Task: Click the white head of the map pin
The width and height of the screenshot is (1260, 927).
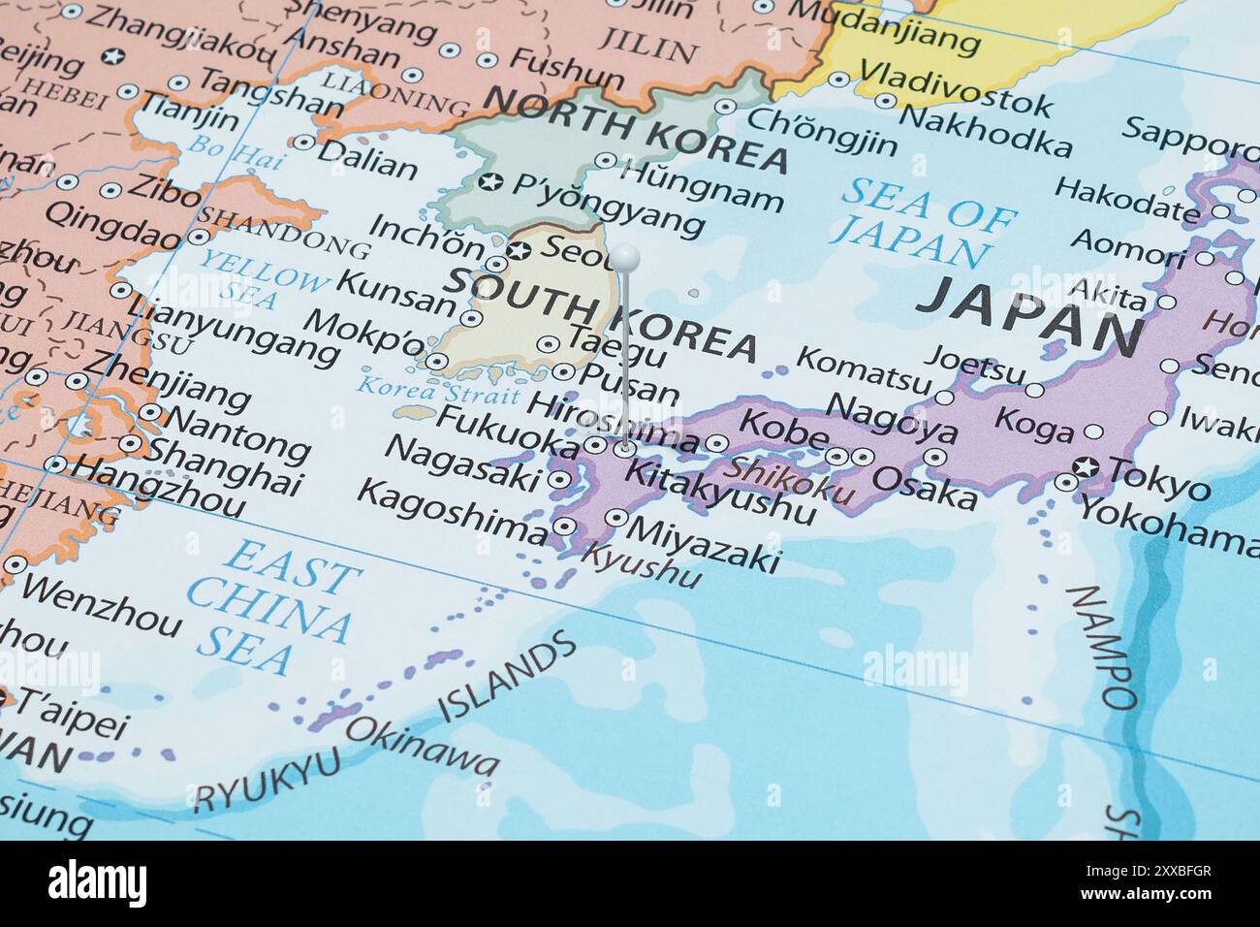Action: [x=625, y=258]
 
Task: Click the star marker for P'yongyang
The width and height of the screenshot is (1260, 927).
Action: [x=491, y=181]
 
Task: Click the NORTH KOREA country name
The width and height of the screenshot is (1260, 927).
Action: [x=635, y=137]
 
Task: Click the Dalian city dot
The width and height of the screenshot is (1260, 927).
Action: [x=303, y=144]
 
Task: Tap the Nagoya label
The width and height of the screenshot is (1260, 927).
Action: [x=892, y=416]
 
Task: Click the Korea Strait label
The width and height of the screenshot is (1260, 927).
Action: [x=438, y=392]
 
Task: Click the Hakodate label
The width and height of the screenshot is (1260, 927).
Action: [x=1125, y=198]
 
